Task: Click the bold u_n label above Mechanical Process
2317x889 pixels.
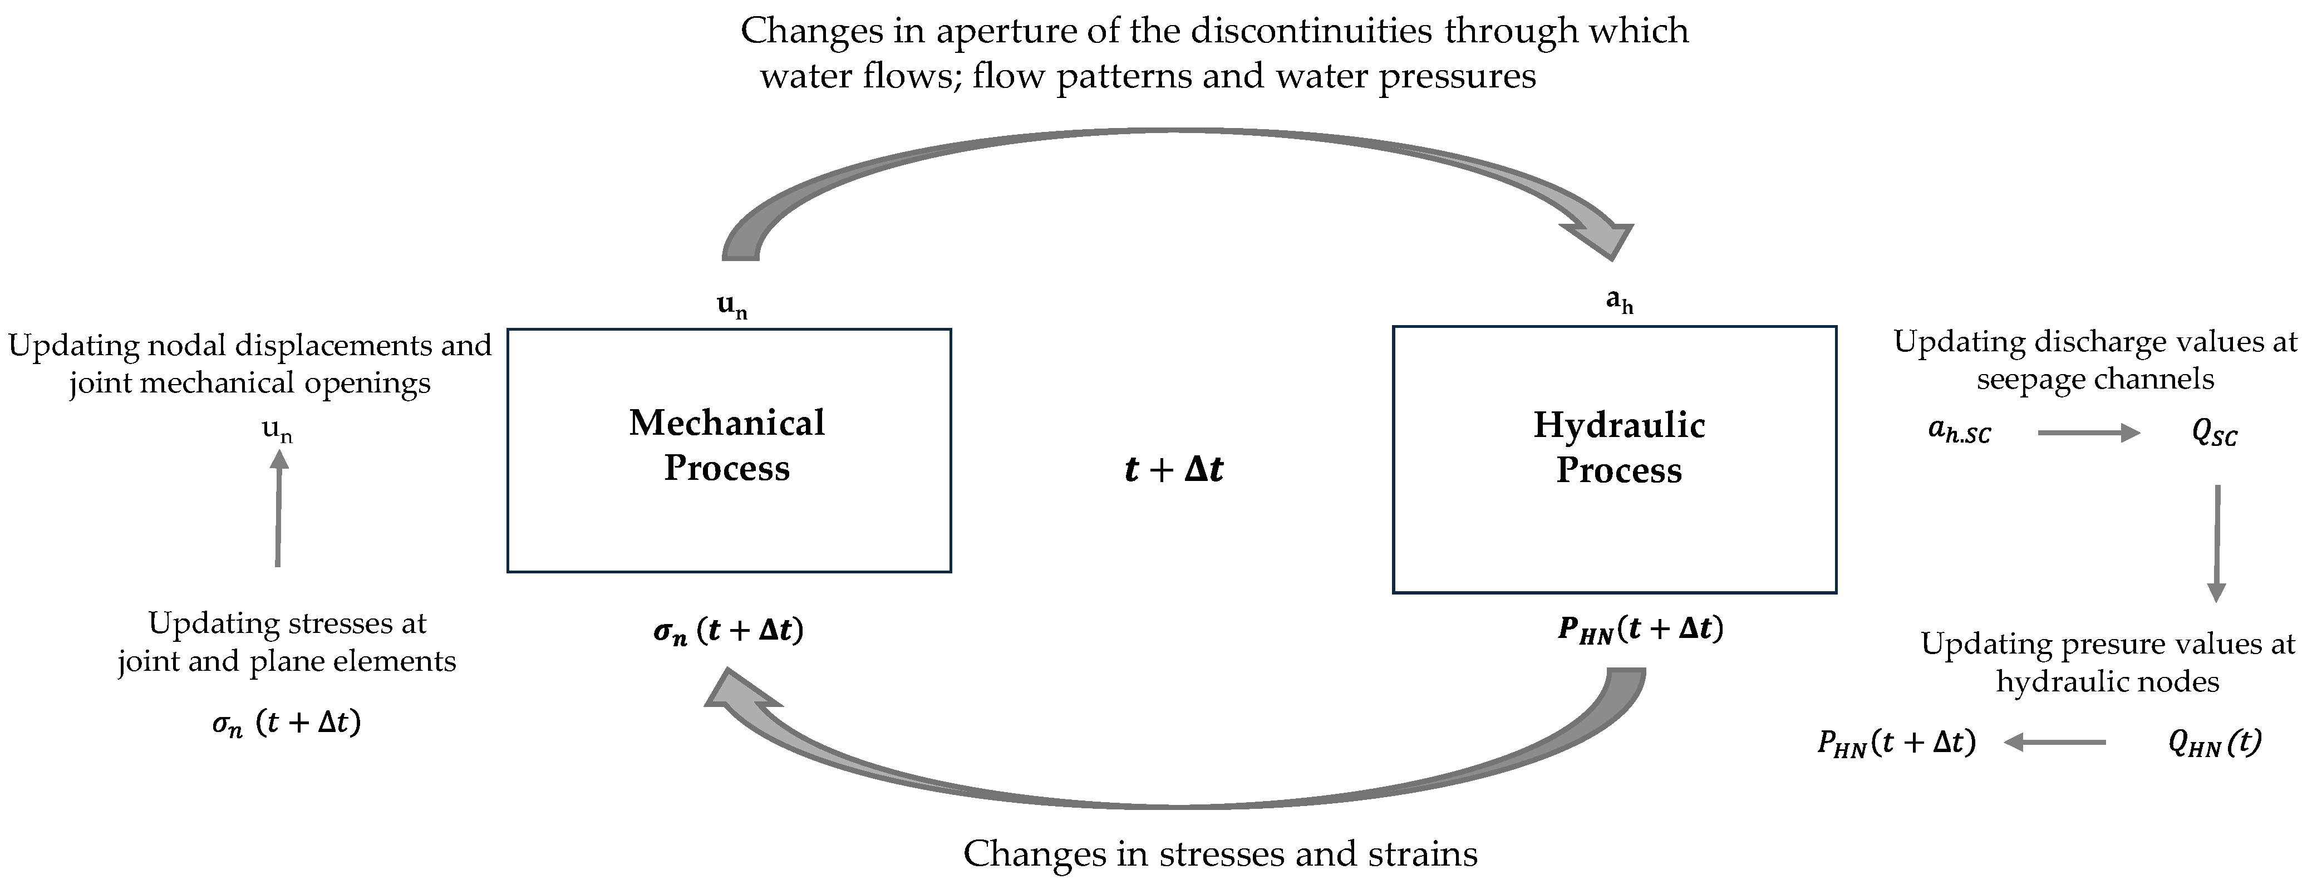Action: pos(732,307)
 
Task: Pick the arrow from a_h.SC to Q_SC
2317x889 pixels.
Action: pos(2089,433)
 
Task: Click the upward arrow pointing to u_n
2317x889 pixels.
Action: pos(279,508)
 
